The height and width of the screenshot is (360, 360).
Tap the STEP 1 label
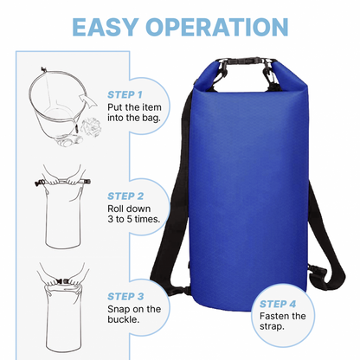coord(125,93)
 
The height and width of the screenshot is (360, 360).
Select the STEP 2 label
coord(125,197)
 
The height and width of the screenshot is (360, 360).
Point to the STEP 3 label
coord(125,295)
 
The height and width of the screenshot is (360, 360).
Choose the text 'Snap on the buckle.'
coord(134,315)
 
